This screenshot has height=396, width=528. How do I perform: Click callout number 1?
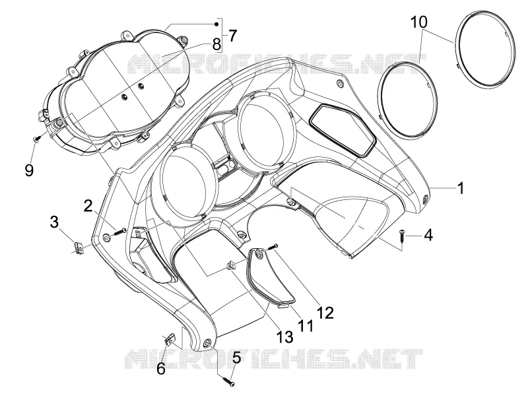460,188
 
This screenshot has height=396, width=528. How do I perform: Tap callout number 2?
88,205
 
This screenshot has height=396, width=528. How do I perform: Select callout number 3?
54,222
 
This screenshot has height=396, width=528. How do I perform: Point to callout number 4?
428,235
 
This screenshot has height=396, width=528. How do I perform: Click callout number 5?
236,357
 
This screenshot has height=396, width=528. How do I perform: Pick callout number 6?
161,369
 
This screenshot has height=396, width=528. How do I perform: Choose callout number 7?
232,36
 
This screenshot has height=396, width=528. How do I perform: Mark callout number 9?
29,170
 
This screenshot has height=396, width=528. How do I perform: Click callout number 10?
418,22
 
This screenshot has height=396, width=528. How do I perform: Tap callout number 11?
306,325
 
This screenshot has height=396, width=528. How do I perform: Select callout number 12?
325,313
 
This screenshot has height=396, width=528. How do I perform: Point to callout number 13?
284,337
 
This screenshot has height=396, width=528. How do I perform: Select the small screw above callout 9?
37,138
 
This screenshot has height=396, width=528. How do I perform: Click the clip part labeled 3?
79,248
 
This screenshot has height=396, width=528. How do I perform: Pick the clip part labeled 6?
170,340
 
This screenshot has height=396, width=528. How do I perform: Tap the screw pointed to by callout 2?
119,232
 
